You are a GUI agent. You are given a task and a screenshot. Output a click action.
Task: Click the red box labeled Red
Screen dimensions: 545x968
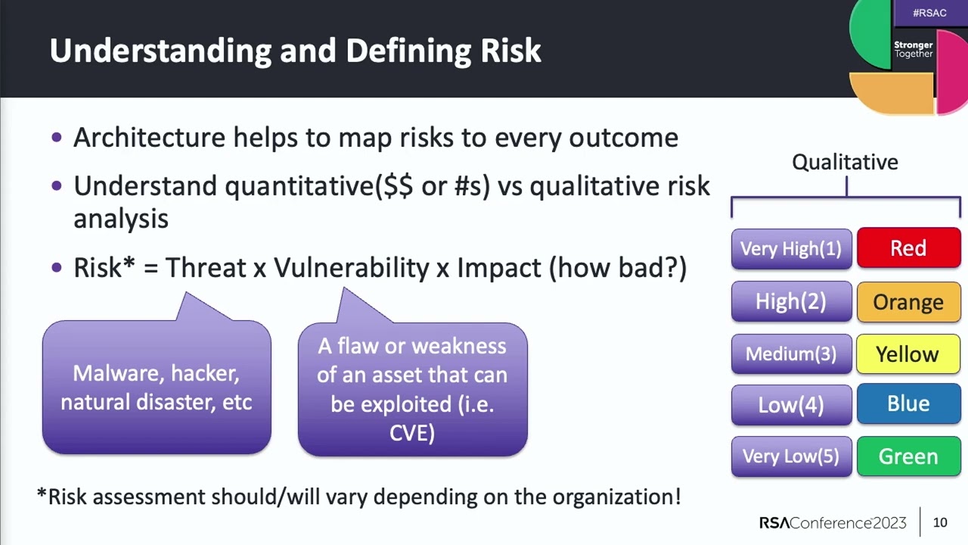point(908,248)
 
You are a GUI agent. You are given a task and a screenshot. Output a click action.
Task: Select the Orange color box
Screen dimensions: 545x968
point(908,302)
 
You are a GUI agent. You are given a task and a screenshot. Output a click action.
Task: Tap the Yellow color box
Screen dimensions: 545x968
point(908,354)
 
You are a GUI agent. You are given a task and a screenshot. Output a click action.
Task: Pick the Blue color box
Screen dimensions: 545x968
point(908,404)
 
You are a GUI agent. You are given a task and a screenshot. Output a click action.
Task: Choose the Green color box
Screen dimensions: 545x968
point(908,456)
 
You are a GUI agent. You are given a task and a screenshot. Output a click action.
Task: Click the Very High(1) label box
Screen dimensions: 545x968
point(791,248)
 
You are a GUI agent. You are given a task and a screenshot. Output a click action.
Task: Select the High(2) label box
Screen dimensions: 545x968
point(791,302)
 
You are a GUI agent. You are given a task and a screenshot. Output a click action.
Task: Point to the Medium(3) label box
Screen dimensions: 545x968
point(791,354)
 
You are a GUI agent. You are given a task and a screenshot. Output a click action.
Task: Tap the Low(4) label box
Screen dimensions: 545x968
point(791,404)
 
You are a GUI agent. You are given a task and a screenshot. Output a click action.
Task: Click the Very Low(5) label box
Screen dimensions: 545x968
point(791,456)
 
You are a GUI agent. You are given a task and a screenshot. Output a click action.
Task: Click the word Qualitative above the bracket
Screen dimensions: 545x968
point(845,162)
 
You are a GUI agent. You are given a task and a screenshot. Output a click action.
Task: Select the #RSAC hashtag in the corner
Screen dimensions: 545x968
point(929,13)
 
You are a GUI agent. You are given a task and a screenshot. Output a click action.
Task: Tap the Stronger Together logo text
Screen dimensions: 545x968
point(914,49)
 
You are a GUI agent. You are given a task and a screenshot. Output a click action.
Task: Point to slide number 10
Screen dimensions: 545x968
point(940,522)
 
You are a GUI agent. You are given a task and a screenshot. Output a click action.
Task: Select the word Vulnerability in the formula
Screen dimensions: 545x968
point(351,268)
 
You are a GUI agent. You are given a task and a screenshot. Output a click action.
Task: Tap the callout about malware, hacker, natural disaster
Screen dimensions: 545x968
point(157,388)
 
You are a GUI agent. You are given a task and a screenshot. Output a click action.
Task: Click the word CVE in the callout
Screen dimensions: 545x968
point(412,433)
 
